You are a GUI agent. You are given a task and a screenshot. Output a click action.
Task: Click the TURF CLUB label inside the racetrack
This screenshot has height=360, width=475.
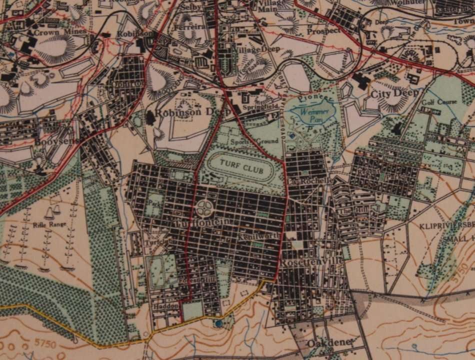point(242,168)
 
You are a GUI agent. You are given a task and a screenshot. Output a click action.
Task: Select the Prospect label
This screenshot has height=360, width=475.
point(324,30)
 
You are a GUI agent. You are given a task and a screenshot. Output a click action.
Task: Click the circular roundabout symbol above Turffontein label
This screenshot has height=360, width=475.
point(205,206)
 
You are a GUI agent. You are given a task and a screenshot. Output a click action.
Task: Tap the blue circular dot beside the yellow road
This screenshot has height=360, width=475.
point(218,324)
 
